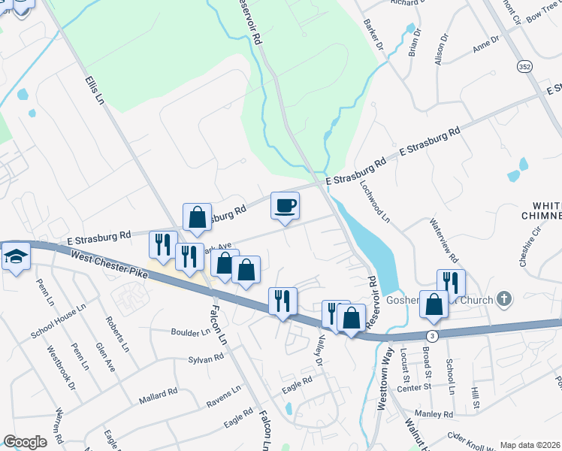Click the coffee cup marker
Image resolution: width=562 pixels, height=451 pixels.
(285, 206)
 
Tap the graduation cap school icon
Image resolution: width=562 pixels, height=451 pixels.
(14, 257)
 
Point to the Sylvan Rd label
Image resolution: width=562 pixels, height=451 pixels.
(207, 359)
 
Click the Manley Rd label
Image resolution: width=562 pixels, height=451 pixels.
(437, 413)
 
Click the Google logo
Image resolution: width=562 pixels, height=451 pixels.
(25, 442)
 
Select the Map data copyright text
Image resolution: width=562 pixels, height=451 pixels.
(529, 445)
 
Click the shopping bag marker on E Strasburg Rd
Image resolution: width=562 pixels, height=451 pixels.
(197, 217)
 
